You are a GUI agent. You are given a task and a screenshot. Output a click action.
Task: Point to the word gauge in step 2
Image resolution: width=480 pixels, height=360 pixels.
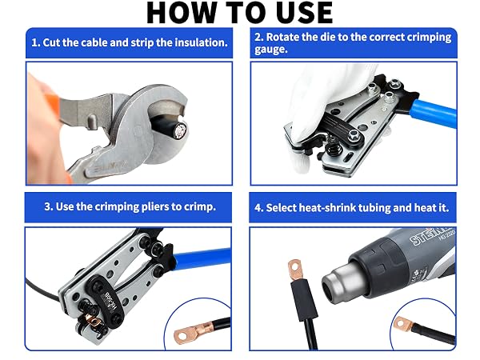pos(271,50)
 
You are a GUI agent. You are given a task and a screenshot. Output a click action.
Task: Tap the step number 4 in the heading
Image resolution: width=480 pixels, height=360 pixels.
pos(258,208)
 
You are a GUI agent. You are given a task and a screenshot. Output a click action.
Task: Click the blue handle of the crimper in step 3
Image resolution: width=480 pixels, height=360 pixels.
pos(202,258)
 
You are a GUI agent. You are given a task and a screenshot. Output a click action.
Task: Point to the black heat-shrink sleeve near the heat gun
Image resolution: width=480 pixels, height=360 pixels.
pos(304,300)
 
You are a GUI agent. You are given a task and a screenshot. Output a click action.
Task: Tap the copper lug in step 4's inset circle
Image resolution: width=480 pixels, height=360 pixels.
pos(404,324)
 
